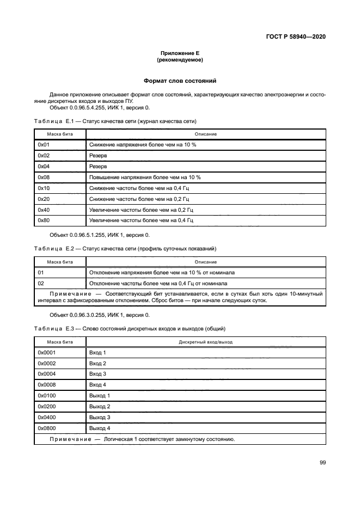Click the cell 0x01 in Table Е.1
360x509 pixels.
[44, 145]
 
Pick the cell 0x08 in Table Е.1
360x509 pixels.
[44, 177]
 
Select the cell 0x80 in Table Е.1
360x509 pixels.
[44, 220]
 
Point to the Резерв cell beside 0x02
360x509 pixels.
[98, 155]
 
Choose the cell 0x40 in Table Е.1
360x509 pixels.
[44, 209]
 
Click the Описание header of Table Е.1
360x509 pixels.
[206, 134]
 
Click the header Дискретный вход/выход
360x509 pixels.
[206, 342]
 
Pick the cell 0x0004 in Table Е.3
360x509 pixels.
[47, 374]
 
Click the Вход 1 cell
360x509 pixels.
[97, 353]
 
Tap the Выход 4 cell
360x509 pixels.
[100, 428]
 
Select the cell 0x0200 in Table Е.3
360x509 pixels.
[47, 407]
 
